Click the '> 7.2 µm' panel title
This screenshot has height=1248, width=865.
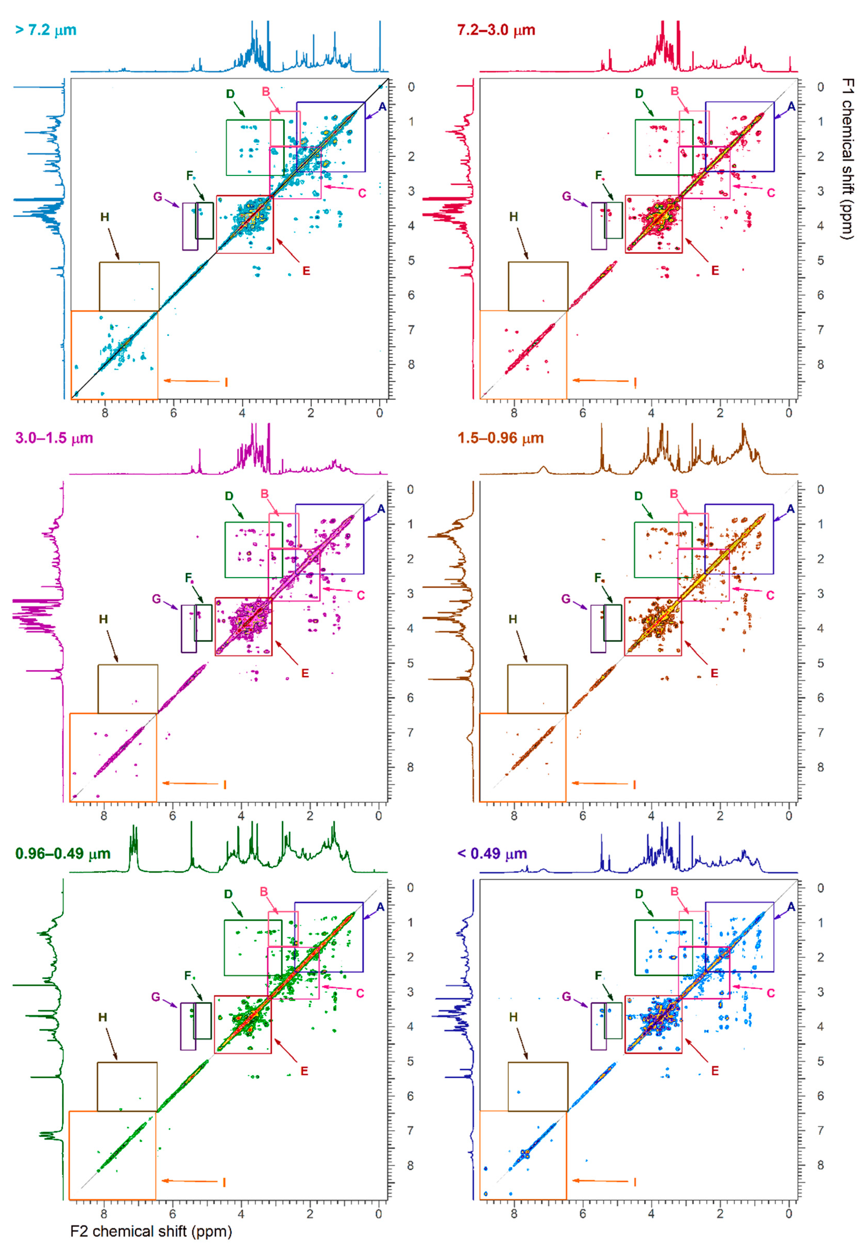[x=46, y=30]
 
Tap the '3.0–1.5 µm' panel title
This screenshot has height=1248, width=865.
[x=54, y=438]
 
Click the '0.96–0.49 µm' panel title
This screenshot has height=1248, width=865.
[x=63, y=854]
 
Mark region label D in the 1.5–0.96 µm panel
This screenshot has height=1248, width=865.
[x=638, y=496]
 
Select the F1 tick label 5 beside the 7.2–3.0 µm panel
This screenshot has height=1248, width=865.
[x=820, y=261]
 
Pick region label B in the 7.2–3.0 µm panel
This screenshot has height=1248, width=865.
[x=675, y=91]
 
